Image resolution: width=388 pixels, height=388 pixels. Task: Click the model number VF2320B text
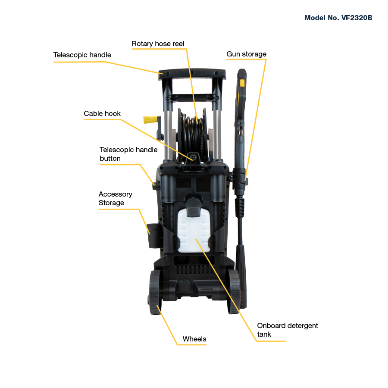[338, 18]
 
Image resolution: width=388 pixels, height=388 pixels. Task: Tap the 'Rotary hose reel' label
[158, 44]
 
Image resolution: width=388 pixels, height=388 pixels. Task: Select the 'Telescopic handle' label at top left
[82, 55]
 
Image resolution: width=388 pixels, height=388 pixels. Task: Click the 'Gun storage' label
[247, 54]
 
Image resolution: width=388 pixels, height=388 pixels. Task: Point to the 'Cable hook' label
[102, 113]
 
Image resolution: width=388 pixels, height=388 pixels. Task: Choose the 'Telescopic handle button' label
[128, 154]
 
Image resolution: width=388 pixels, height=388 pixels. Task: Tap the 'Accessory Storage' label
[115, 198]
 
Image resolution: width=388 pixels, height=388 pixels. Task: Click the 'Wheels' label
[194, 339]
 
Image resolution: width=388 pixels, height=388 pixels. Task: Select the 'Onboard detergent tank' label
[288, 330]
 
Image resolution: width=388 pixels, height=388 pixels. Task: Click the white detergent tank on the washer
[194, 232]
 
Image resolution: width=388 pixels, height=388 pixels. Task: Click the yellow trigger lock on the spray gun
[242, 83]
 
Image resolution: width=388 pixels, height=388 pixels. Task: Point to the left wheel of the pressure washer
[155, 292]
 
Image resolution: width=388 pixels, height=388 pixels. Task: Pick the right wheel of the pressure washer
[234, 291]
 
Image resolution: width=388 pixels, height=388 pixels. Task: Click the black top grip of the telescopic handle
[192, 74]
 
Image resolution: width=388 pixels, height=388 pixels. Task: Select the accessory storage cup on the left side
[153, 236]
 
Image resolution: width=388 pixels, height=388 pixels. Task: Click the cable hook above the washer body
[194, 161]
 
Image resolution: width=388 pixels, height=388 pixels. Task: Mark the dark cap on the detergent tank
[194, 207]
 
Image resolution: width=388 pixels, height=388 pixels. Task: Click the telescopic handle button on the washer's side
[155, 185]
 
